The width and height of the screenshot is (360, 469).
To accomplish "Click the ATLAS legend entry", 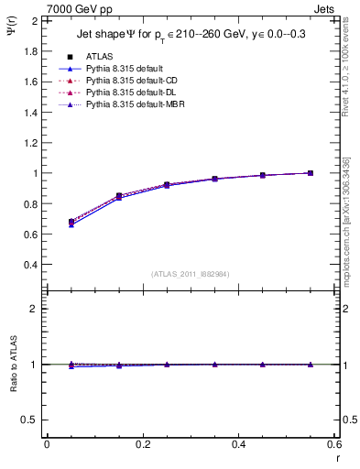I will pyautogui.click(x=99, y=56).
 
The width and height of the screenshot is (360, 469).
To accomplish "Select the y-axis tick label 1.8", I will pyautogui.click(x=28, y=51).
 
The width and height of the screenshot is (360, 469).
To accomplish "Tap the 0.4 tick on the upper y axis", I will pyautogui.click(x=28, y=265).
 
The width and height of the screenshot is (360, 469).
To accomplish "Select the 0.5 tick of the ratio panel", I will pyautogui.click(x=28, y=420).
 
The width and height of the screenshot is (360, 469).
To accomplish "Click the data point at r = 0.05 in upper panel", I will pyautogui.click(x=71, y=223).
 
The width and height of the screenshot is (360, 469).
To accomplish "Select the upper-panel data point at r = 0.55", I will pyautogui.click(x=311, y=173).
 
